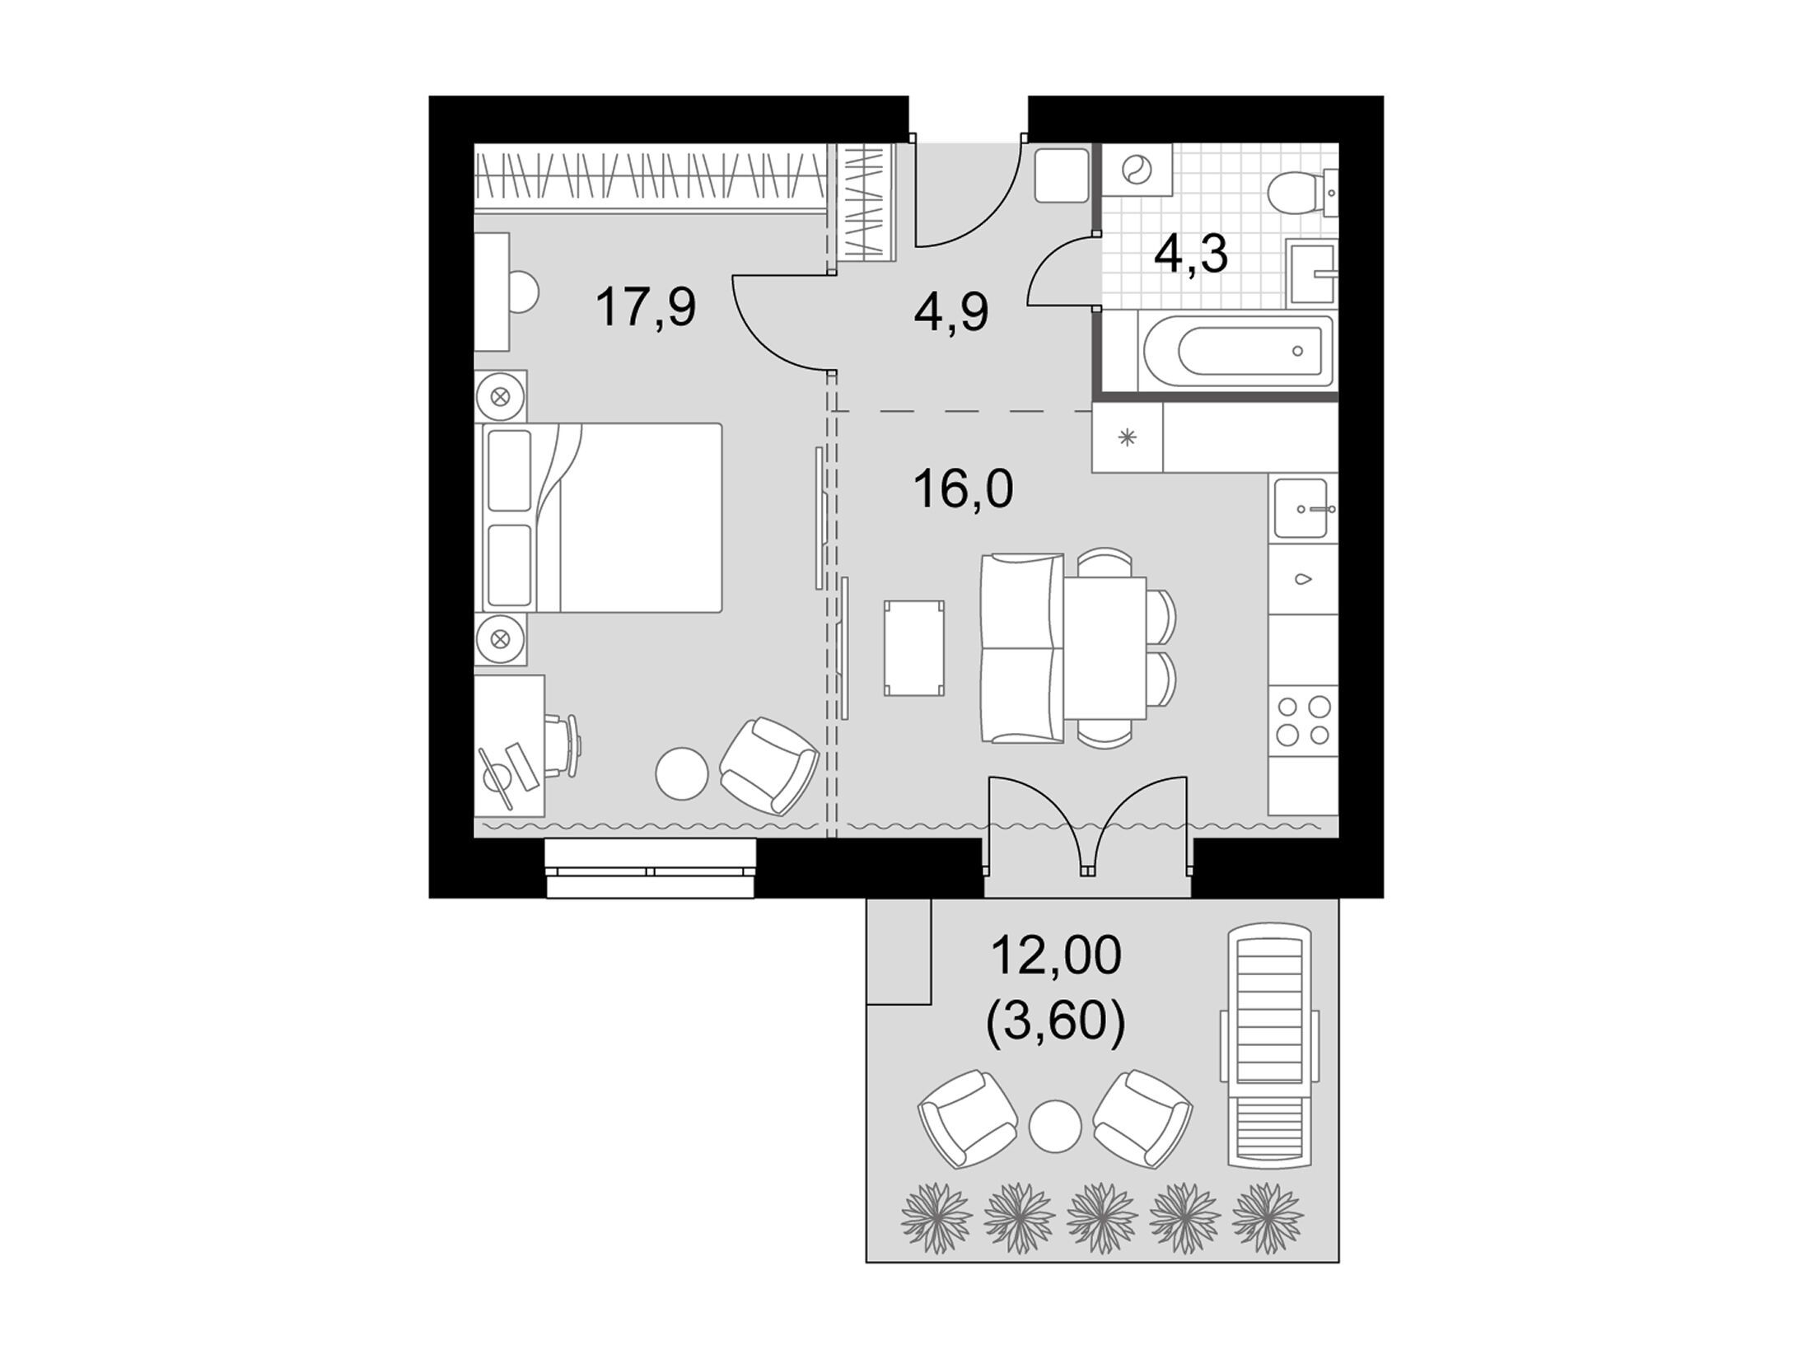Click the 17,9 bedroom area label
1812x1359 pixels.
coord(646,307)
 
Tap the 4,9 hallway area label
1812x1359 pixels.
coord(951,313)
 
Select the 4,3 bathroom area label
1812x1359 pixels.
coord(1191,254)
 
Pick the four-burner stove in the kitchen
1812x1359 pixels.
coord(1303,719)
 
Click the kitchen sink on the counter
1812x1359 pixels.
coord(1304,508)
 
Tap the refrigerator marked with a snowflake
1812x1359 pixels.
coord(1128,437)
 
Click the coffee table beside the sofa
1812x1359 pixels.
coord(914,647)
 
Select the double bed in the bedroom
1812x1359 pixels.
coord(599,517)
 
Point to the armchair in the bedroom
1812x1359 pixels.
coord(768,766)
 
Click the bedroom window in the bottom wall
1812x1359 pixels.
coord(651,868)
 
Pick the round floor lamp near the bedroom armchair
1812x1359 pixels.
coord(682,773)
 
